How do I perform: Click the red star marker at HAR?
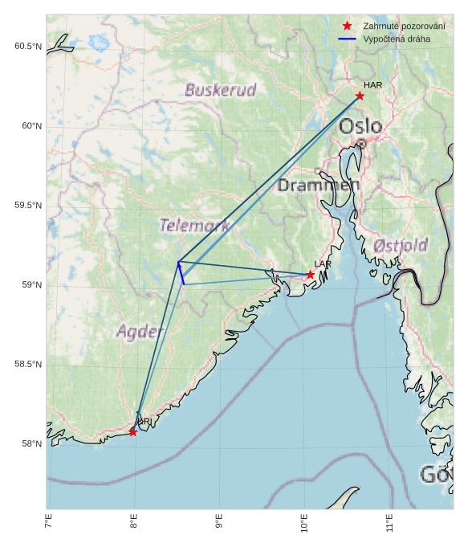pos(360,96)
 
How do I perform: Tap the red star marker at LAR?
pos(311,275)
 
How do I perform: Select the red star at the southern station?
pos(132,432)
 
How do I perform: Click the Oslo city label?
pos(360,127)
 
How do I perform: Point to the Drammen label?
pos(319,186)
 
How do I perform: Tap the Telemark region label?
pos(194,226)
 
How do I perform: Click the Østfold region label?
pos(401,245)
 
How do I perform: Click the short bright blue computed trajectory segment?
pos(181,273)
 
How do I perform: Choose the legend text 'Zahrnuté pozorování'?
pos(404,26)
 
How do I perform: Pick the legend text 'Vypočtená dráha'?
pos(397,39)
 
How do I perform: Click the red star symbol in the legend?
pos(347,26)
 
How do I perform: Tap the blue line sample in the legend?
pos(347,39)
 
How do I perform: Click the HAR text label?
pos(372,85)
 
